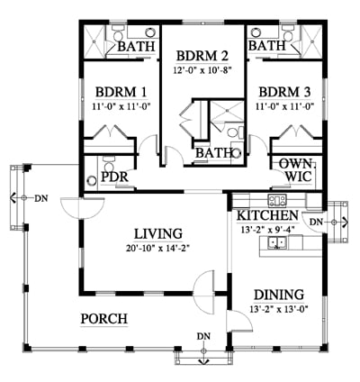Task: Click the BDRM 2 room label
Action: click(202, 56)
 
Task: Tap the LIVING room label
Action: click(158, 234)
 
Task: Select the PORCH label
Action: click(104, 319)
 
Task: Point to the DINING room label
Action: click(279, 295)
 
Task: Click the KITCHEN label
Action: click(268, 215)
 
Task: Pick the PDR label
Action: click(114, 177)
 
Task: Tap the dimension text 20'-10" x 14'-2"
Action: click(158, 249)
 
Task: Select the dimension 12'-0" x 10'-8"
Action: click(203, 70)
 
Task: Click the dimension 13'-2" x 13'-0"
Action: click(279, 309)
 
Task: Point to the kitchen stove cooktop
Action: click(277, 200)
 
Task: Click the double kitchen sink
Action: click(277, 242)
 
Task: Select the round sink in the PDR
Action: click(91, 180)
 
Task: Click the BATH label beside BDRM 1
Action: click(137, 46)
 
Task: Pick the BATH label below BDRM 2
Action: click(214, 153)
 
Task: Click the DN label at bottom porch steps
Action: click(203, 336)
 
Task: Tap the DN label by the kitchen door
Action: click(316, 222)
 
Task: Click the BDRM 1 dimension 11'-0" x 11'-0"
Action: click(121, 105)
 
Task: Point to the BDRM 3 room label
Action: click(284, 92)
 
